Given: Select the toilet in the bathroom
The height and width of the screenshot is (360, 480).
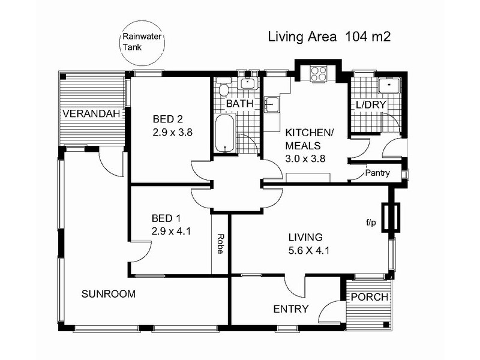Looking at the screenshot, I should point(223,91).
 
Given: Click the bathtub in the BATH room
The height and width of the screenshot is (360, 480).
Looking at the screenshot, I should point(224,136).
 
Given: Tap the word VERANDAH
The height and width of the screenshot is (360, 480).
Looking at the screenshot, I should point(90,114).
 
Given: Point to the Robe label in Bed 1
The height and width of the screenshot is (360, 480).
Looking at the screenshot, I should point(221,244).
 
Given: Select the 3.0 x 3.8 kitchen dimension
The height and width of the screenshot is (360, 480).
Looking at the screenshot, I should point(305,159).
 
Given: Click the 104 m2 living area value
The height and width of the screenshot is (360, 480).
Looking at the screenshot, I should point(368,37).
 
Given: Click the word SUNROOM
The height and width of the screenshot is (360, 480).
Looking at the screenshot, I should point(109,294).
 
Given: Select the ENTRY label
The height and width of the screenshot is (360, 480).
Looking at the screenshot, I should point(291,309).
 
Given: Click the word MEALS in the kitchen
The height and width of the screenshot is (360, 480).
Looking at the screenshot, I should point(304,146).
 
